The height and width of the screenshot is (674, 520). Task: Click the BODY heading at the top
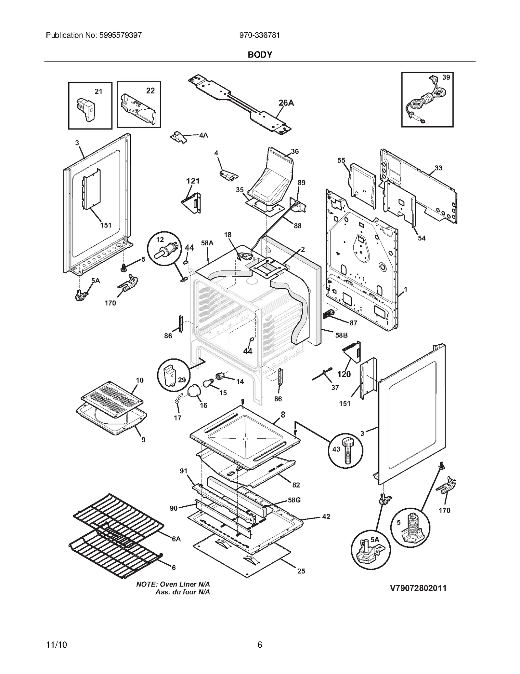pyautogui.click(x=260, y=55)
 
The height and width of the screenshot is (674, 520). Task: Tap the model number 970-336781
pyautogui.click(x=259, y=35)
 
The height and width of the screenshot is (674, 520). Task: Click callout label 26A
pyautogui.click(x=286, y=103)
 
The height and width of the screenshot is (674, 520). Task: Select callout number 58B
pyautogui.click(x=341, y=335)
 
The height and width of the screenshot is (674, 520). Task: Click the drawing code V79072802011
pyautogui.click(x=418, y=588)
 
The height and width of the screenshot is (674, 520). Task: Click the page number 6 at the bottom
pyautogui.click(x=260, y=645)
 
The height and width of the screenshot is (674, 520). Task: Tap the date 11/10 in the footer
pyautogui.click(x=57, y=645)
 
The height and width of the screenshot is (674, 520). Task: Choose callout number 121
pyautogui.click(x=193, y=181)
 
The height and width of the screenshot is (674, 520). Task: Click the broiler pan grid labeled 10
pyautogui.click(x=112, y=399)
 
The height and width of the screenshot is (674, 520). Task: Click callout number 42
pyautogui.click(x=326, y=516)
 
